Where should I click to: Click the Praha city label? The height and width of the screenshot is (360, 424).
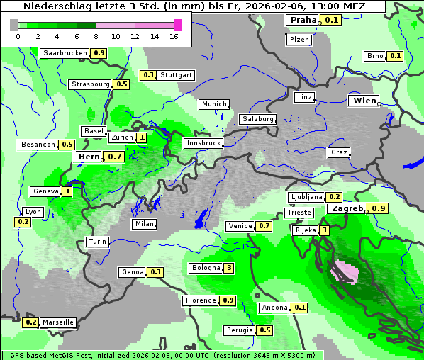[303, 20]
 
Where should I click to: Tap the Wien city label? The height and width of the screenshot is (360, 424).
[363, 101]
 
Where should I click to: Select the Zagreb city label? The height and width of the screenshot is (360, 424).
[346, 208]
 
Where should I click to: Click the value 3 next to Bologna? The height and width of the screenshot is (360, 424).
[228, 268]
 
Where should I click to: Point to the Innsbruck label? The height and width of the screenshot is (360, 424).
[202, 143]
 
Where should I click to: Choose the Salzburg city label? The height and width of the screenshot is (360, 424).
[257, 119]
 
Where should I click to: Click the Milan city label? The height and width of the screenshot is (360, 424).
[144, 224]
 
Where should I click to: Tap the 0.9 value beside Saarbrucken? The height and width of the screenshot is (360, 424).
[99, 53]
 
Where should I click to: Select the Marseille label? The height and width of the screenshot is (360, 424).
[58, 322]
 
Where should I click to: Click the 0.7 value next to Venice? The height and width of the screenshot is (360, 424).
[264, 226]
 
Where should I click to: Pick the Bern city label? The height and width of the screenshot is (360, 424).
[89, 157]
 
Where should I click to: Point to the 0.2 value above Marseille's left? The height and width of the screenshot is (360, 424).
[30, 322]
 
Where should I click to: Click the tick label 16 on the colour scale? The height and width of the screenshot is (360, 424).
[174, 36]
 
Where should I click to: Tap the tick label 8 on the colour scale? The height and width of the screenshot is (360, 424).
[96, 36]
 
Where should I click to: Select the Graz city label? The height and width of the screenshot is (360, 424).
[338, 152]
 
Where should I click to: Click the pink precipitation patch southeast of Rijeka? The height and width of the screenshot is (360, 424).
[345, 271]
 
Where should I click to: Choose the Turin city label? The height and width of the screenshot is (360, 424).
[97, 242]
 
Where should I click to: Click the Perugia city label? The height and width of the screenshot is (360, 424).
[239, 330]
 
